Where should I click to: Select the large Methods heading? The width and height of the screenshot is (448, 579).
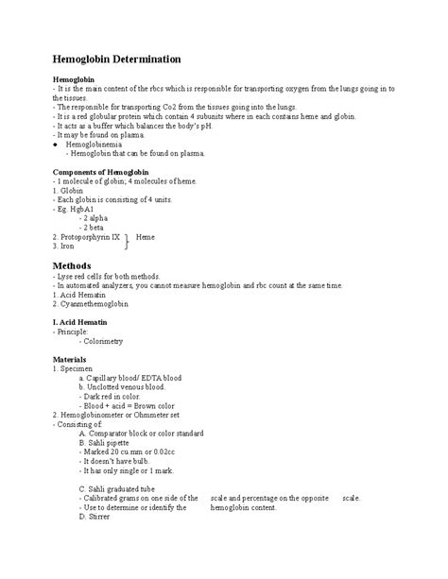pyautogui.click(x=72, y=265)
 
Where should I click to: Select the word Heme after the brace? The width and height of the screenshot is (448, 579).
pyautogui.click(x=146, y=236)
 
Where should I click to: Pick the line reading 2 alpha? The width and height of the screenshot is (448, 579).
pyautogui.click(x=96, y=217)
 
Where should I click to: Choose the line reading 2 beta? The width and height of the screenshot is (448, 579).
pyautogui.click(x=95, y=227)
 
